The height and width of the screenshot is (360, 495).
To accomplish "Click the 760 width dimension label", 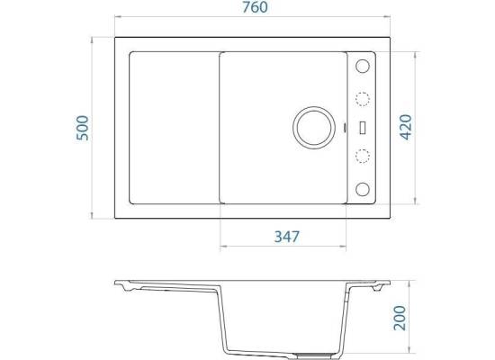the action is click(255, 7).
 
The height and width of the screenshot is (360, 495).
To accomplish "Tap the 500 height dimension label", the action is click(83, 128).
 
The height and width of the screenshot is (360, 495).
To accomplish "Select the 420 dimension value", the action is click(406, 127).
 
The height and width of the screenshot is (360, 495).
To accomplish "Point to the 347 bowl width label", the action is click(286, 237).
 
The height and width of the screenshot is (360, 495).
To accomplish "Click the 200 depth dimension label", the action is click(400, 318).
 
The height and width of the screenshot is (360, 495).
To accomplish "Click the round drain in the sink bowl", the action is click(314, 128).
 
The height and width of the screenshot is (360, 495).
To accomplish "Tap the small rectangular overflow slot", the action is click(363, 128).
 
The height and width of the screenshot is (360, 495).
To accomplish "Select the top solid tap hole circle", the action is click(363, 66).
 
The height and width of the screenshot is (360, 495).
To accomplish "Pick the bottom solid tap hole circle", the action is click(363, 189).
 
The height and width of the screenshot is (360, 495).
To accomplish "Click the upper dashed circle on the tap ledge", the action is click(363, 99).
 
